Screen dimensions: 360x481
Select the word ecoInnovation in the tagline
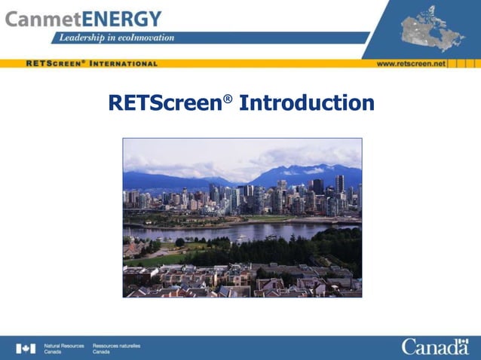146,38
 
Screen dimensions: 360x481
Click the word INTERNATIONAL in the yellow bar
123,63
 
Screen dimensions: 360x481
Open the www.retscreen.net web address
411,63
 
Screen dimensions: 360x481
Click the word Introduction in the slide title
306,102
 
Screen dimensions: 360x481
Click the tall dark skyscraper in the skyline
339,185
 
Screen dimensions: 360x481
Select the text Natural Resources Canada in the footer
63,348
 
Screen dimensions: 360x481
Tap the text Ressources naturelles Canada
116,348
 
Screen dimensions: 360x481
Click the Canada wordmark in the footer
434,348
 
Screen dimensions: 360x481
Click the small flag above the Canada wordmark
461,340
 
